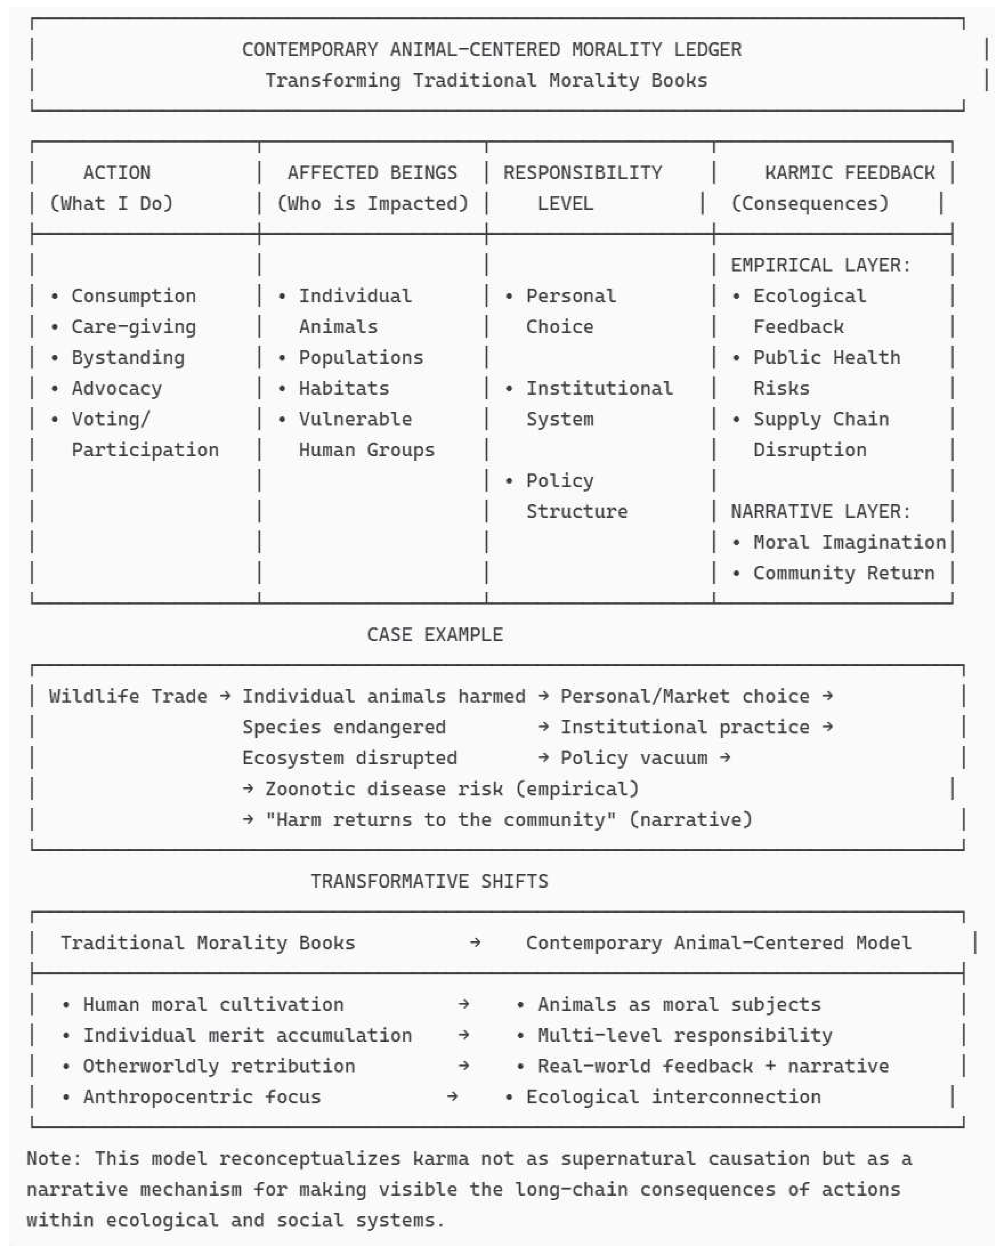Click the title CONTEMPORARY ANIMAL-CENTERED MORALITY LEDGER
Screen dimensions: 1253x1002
(491, 49)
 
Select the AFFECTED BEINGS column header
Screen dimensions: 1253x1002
(372, 173)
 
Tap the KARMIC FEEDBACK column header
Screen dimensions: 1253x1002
(849, 173)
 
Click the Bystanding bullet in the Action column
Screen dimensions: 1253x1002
(128, 357)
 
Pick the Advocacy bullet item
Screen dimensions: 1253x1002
(116, 388)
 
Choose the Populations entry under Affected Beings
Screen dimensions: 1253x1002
(361, 357)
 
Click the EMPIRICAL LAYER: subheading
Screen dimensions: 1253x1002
(820, 265)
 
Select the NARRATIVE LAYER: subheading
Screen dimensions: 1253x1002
(820, 511)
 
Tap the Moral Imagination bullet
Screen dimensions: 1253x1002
(849, 542)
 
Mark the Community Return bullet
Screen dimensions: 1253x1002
(843, 573)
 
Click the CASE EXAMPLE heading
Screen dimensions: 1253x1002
(435, 635)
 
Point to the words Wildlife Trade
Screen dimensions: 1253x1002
(128, 696)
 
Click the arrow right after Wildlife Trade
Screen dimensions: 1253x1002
(225, 696)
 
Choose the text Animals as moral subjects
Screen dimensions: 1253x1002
(679, 1004)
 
